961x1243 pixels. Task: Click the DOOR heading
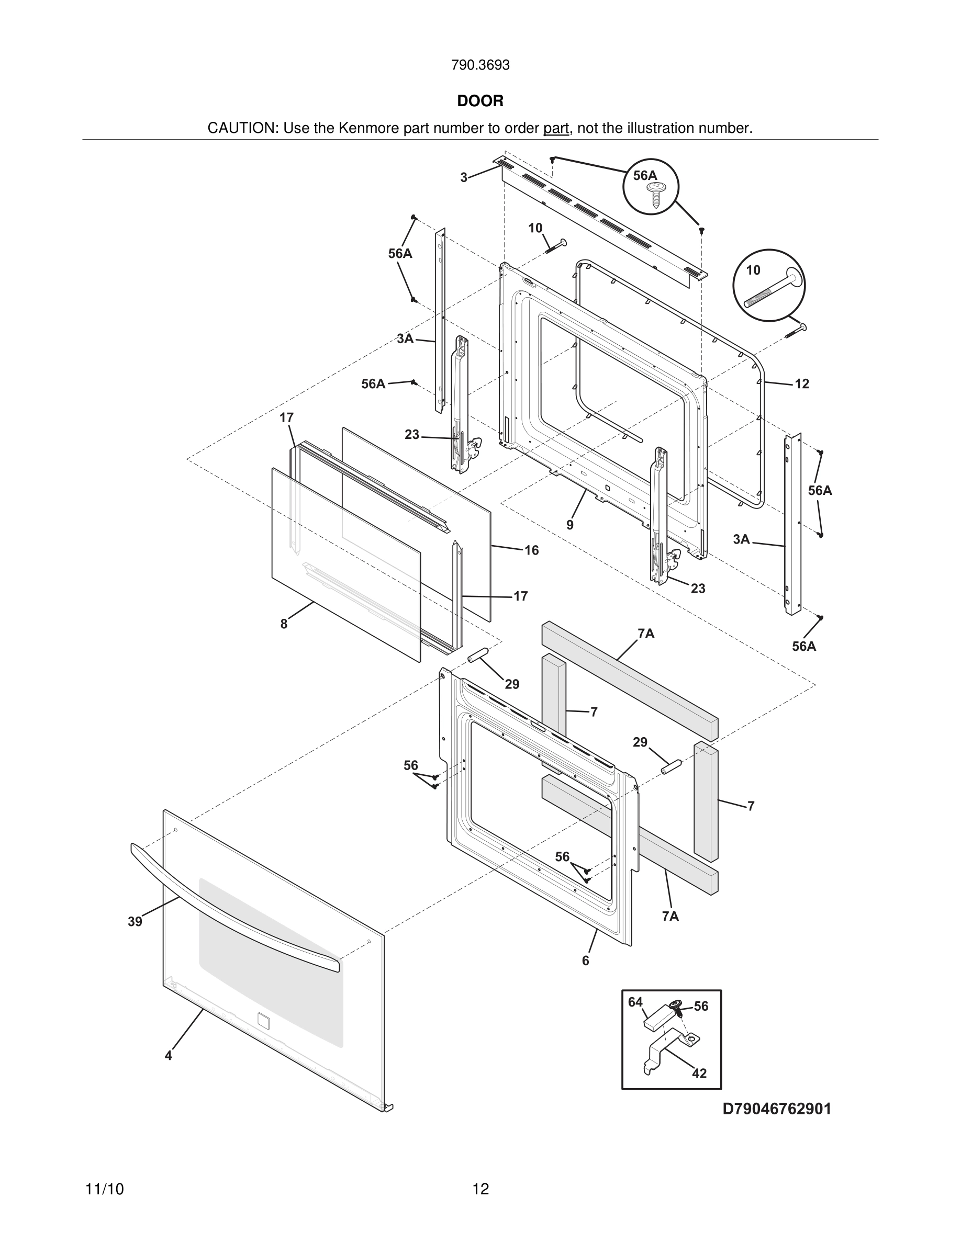(480, 101)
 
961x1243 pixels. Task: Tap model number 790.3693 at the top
(480, 65)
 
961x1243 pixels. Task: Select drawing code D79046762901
(777, 1109)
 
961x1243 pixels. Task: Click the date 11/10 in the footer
(104, 1189)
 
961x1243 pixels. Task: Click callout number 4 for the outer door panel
(168, 1055)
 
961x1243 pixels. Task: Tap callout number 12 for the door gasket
(801, 383)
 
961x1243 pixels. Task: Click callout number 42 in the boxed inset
(699, 1073)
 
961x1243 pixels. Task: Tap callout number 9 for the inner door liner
(570, 525)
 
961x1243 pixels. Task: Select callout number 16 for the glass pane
(531, 550)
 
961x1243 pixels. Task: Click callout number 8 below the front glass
(284, 624)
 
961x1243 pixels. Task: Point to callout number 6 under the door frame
(585, 960)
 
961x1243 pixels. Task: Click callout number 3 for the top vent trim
(464, 177)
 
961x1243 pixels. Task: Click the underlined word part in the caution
(556, 128)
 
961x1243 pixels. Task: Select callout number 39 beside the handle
(135, 921)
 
